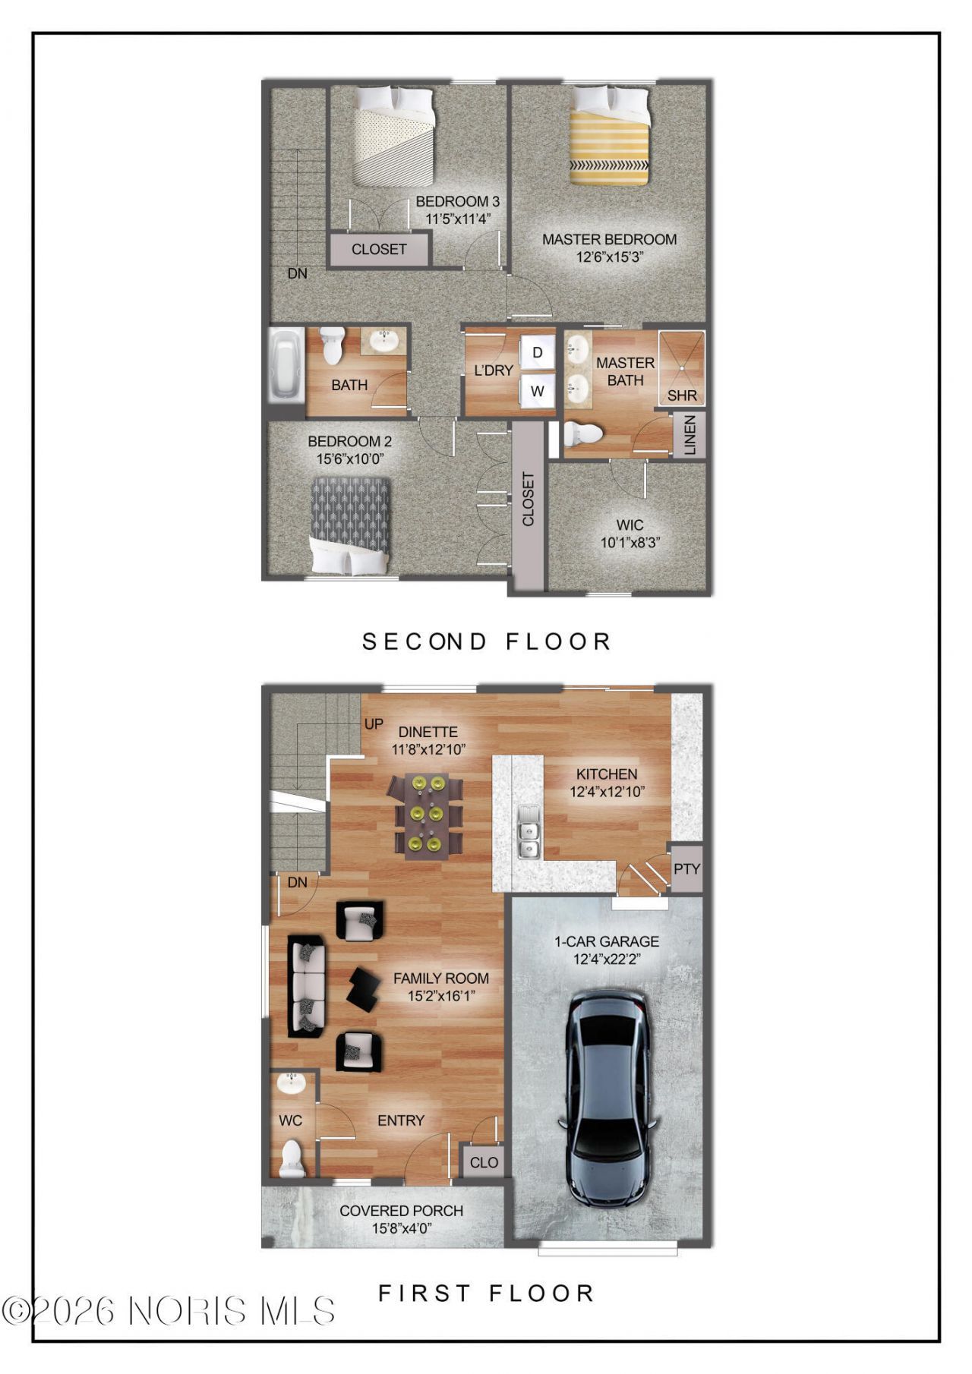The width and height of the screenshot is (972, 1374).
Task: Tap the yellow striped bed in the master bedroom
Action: [x=610, y=135]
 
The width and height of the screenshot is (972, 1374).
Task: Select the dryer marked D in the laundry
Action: [x=538, y=352]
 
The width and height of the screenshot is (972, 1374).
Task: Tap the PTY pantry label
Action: [x=686, y=868]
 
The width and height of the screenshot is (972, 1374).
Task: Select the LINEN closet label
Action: [x=690, y=436]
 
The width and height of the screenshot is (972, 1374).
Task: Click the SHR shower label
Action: [x=682, y=395]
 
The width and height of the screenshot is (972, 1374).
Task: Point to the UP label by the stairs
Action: [x=374, y=724]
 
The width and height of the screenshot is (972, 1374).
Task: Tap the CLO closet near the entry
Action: [x=484, y=1162]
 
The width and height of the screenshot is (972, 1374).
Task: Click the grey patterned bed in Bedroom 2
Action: [x=350, y=525]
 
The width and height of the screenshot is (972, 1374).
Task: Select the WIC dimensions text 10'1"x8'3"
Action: [x=630, y=543]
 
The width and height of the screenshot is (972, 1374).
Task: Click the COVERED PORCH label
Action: [x=402, y=1211]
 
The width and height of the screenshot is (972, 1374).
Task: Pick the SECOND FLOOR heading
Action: [x=487, y=641]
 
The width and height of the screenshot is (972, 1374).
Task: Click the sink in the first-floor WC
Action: [x=291, y=1083]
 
